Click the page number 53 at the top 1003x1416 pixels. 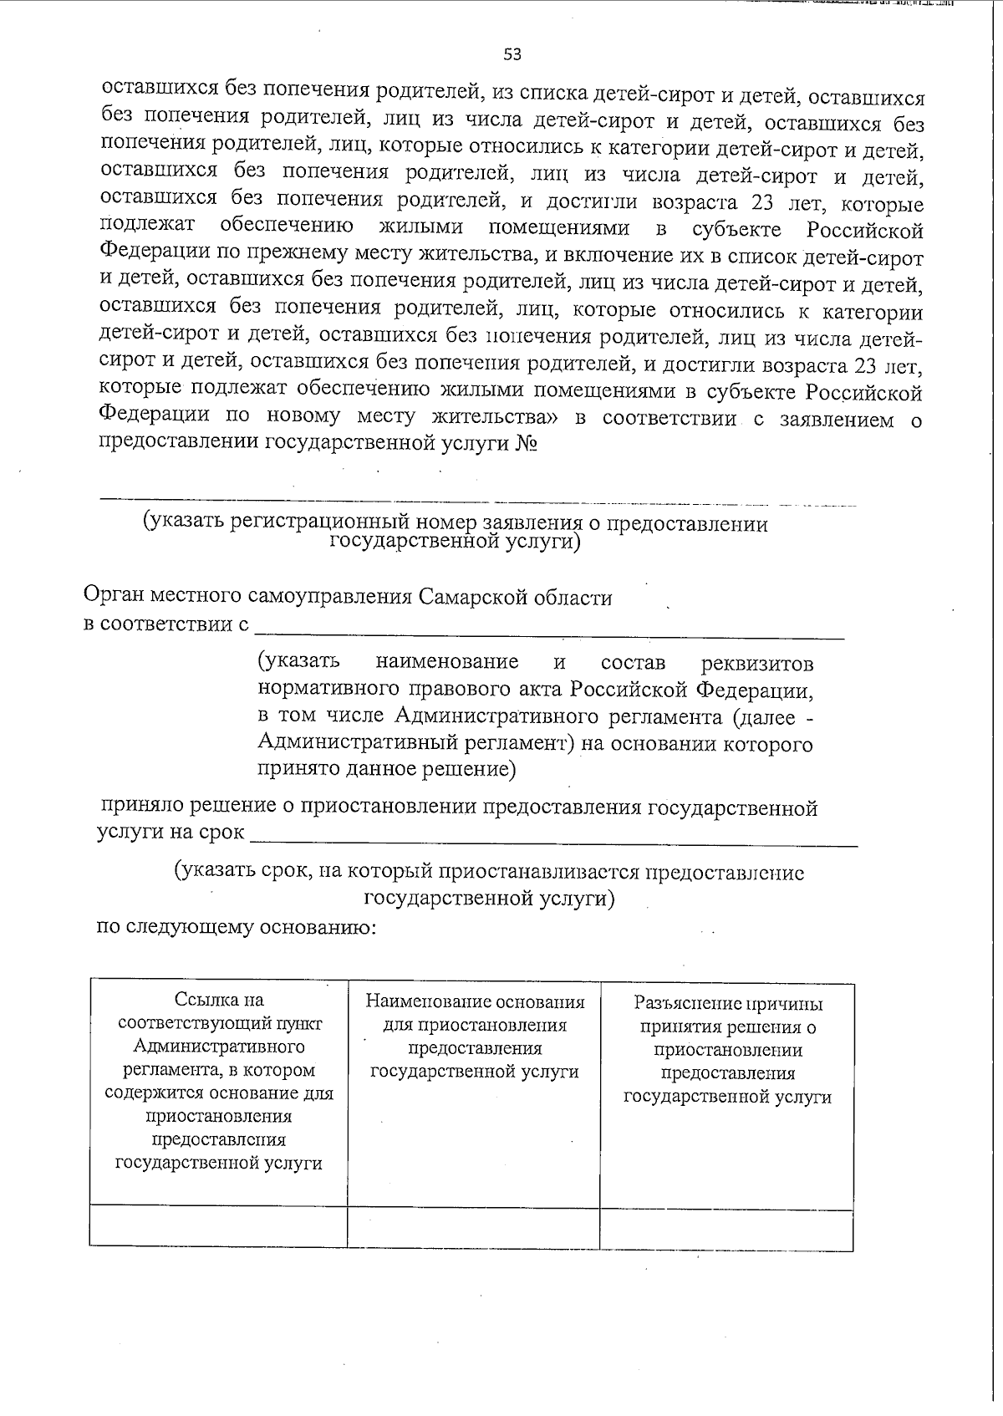tap(512, 54)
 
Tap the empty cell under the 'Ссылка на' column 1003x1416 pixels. tap(219, 1225)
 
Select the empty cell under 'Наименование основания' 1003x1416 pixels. tap(474, 1225)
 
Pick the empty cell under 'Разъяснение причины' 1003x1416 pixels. tap(726, 1227)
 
